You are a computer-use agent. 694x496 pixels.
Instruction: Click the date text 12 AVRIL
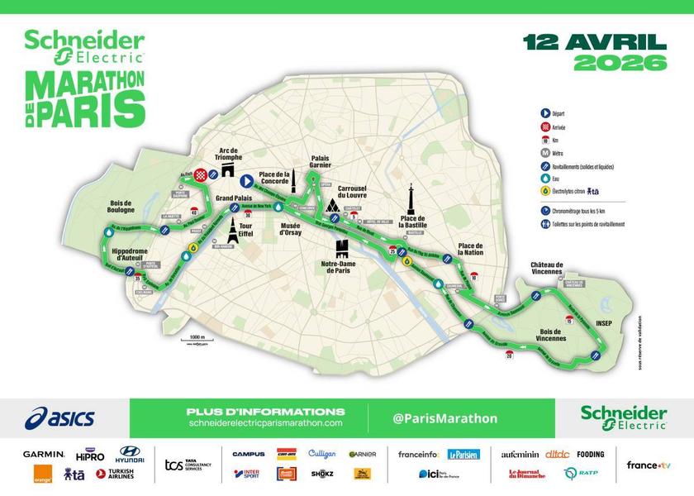pyautogui.click(x=594, y=42)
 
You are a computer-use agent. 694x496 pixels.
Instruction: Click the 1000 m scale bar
pyautogui.click(x=196, y=342)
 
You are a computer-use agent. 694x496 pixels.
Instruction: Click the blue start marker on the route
pyautogui.click(x=246, y=181)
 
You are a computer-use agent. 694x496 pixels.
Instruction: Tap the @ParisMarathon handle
pyautogui.click(x=445, y=418)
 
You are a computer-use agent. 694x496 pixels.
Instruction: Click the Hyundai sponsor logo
pyautogui.click(x=130, y=455)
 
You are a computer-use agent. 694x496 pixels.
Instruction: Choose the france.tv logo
pyautogui.click(x=648, y=465)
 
